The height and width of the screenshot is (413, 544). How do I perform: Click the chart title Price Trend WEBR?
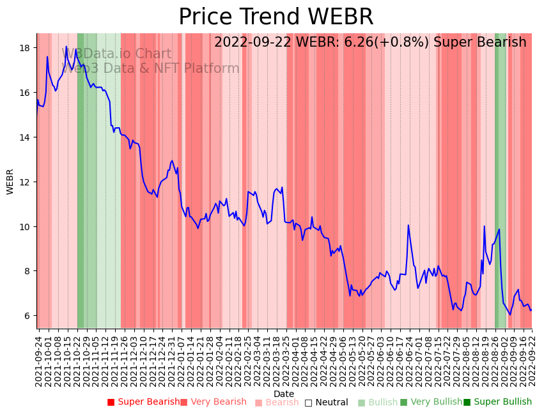pyautogui.click(x=276, y=17)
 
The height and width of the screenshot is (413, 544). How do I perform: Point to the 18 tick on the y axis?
pyautogui.click(x=27, y=48)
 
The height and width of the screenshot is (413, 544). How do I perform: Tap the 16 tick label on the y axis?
pyautogui.click(x=27, y=93)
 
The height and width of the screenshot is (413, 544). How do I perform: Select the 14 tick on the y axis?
pyautogui.click(x=27, y=137)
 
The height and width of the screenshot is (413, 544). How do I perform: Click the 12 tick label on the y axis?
pyautogui.click(x=27, y=182)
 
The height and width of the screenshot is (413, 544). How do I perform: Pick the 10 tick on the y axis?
pyautogui.click(x=27, y=226)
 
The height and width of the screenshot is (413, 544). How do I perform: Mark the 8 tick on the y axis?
pyautogui.click(x=29, y=271)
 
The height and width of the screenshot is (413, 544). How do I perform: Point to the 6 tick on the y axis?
pyautogui.click(x=29, y=316)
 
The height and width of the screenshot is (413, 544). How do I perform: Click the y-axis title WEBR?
pyautogui.click(x=10, y=182)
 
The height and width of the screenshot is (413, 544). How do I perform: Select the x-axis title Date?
pyautogui.click(x=284, y=394)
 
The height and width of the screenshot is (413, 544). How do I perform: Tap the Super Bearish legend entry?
pyautogui.click(x=144, y=402)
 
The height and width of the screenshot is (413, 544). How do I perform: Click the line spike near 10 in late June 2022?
pyautogui.click(x=408, y=225)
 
